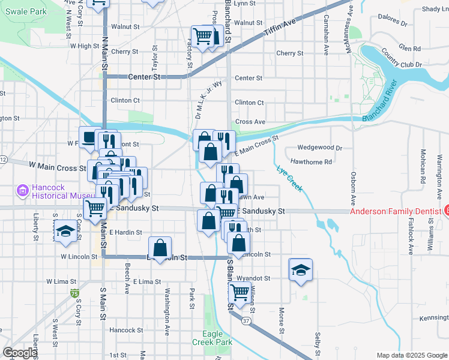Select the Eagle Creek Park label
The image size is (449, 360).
(x=212, y=338)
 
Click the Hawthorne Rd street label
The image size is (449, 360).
(x=311, y=162)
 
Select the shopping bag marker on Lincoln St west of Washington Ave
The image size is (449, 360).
(x=160, y=247)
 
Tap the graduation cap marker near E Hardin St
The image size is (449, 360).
(x=65, y=231)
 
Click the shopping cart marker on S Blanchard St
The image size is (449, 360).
(x=240, y=292)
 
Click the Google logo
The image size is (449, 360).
(x=20, y=353)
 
